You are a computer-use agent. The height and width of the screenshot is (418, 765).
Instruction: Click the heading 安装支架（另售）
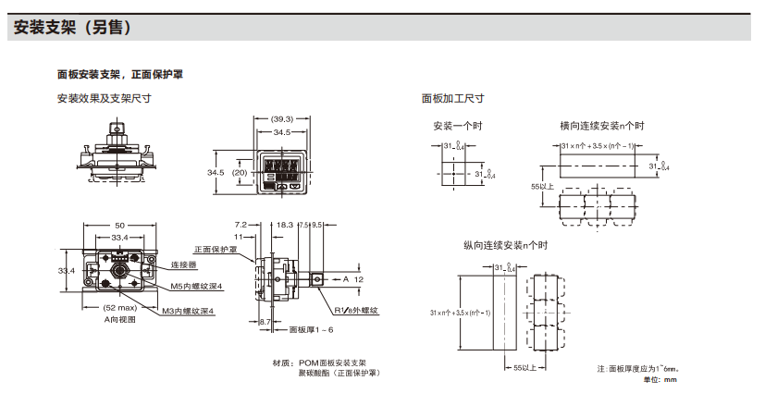click(78, 29)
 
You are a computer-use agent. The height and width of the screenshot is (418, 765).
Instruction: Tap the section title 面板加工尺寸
click(452, 98)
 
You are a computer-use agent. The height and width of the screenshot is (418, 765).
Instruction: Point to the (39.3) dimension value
click(282, 119)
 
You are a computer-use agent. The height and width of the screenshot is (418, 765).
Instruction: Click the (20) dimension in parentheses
click(240, 173)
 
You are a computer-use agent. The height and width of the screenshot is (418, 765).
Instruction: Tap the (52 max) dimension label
click(120, 307)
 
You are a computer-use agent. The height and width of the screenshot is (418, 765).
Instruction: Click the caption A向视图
click(120, 318)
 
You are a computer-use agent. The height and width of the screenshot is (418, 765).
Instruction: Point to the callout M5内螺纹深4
click(197, 287)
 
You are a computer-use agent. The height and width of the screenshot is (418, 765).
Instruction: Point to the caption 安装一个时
click(457, 127)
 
